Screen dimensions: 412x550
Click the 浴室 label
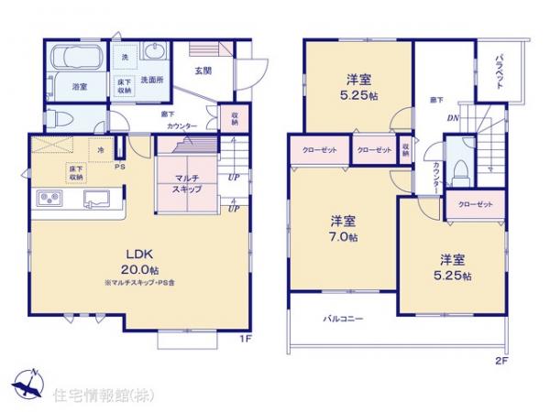pyautogui.click(x=54, y=86)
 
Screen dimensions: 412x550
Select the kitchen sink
pyautogui.click(x=95, y=198)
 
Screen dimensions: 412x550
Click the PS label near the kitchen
pyautogui.click(x=118, y=167)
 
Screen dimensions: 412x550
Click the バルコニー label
pyautogui.click(x=343, y=319)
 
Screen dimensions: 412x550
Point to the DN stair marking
pyautogui.click(x=452, y=118)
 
